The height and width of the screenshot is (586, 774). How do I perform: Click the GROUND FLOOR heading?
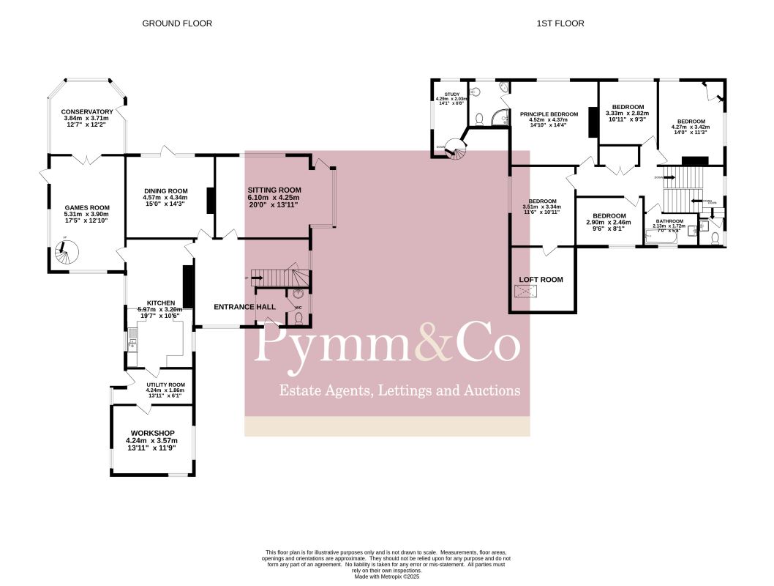click(x=177, y=23)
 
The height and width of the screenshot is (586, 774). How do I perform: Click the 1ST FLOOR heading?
click(x=560, y=23)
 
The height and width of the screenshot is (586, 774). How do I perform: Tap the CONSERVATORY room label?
click(x=87, y=111)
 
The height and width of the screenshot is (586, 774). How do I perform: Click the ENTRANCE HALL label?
click(x=244, y=306)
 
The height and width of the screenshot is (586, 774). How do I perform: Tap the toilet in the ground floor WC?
click(x=299, y=316)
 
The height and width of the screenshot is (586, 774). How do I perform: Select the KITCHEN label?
click(x=161, y=303)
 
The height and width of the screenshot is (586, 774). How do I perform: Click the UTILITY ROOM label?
click(x=166, y=385)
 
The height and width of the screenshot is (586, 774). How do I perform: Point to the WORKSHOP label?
click(x=152, y=434)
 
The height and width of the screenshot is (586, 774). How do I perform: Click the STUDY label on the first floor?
click(x=451, y=94)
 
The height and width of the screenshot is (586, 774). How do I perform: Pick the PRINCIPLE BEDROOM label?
click(x=549, y=114)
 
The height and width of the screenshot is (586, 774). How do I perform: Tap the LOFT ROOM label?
click(x=541, y=280)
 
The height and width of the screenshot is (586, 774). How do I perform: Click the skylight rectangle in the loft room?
click(x=525, y=292)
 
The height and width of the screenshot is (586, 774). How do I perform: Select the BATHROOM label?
click(x=669, y=220)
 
